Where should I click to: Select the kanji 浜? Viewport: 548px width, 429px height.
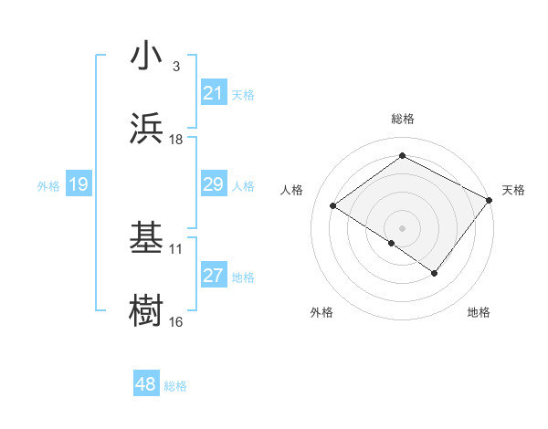tap(146, 129)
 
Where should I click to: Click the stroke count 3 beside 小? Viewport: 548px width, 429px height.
tap(175, 67)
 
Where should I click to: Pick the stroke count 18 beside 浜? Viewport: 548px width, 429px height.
tap(175, 140)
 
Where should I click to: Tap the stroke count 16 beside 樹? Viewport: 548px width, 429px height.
tap(175, 321)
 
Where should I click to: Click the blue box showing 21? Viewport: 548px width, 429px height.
tap(213, 93)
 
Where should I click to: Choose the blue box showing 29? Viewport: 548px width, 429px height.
tap(213, 184)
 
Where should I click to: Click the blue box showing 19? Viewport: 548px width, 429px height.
tap(78, 185)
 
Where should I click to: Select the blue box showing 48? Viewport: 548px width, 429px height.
tap(146, 384)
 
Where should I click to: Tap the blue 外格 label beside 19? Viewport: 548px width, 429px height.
tap(48, 186)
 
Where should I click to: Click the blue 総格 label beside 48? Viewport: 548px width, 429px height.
tap(175, 386)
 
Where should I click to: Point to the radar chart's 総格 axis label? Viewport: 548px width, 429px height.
tap(402, 119)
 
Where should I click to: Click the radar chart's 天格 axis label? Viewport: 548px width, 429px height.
tap(513, 190)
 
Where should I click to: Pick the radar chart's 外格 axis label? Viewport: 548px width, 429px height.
tap(321, 312)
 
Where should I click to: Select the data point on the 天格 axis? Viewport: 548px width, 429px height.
tap(490, 200)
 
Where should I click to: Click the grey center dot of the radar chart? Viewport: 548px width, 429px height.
tap(402, 227)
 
